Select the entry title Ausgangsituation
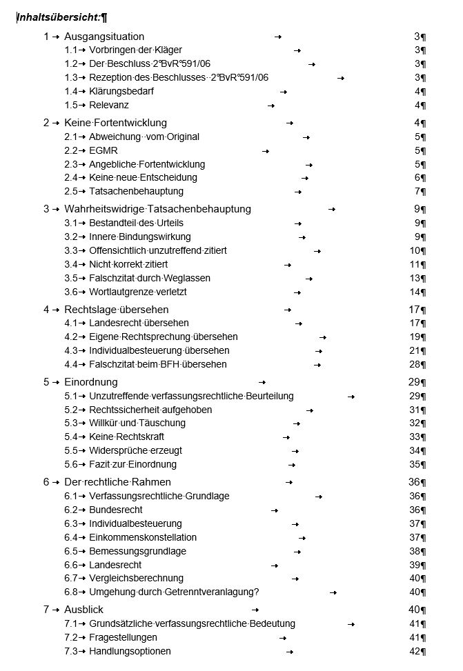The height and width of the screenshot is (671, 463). pyautogui.click(x=104, y=36)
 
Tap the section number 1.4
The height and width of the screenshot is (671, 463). pyautogui.click(x=70, y=91)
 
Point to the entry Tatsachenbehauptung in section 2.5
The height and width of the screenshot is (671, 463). pyautogui.click(x=136, y=191)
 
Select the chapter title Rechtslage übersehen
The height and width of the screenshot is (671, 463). pyautogui.click(x=116, y=309)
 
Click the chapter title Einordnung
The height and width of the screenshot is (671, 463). pyautogui.click(x=91, y=381)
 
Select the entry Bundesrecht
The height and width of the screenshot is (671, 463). pyautogui.click(x=116, y=510)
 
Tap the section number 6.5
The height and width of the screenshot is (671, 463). pyautogui.click(x=70, y=551)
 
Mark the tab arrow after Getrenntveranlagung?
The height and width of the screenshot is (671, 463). pyautogui.click(x=333, y=592)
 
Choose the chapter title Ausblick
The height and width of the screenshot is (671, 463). pyautogui.click(x=83, y=610)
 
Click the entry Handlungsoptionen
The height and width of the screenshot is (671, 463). pyautogui.click(x=130, y=651)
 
